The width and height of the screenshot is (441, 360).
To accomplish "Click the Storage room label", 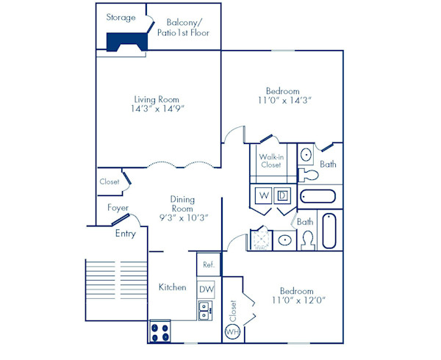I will tap(121, 17).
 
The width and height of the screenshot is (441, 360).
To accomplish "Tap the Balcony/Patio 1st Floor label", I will tap(184, 27).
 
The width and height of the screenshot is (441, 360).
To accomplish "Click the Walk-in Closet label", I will tap(270, 161).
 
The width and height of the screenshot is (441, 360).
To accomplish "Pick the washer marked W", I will tap(262, 195).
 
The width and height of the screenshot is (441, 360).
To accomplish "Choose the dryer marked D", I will tap(282, 195).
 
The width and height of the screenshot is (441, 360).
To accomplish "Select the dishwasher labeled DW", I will tap(207, 289).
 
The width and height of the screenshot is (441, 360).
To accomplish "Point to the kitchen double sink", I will tap(206, 312).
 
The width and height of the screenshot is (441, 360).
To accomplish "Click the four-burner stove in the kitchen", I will tap(160, 331).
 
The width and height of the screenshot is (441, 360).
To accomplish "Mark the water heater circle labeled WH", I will tap(232, 331).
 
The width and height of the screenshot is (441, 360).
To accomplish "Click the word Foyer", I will tap(118, 208).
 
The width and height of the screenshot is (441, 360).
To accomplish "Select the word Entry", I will tap(125, 234).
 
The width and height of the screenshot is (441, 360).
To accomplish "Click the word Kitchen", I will tap(173, 287).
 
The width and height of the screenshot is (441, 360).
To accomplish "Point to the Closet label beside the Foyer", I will tap(110, 181).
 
